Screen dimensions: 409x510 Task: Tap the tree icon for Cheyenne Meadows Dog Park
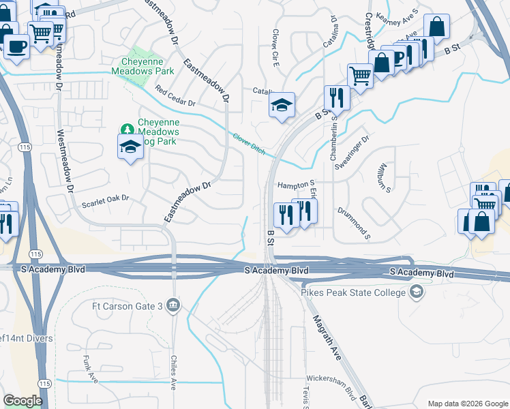tap(126, 129)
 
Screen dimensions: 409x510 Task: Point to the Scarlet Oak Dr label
tap(105, 199)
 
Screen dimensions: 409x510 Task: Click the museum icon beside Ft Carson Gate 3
tap(174, 305)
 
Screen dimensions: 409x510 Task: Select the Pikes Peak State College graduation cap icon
tap(415, 292)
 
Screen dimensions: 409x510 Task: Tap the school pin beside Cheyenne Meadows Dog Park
tap(130, 147)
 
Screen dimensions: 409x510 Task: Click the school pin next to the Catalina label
tap(281, 105)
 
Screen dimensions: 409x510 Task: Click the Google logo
tap(22, 401)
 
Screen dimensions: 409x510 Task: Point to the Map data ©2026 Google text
tap(467, 404)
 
